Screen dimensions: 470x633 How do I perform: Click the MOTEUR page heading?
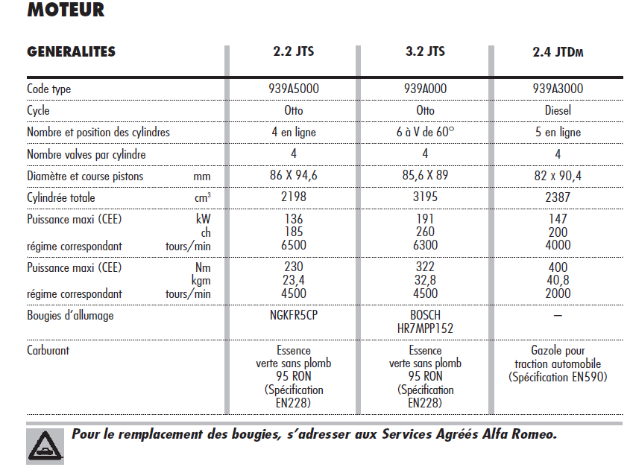pos(66,10)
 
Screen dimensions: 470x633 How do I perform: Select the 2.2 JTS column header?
pos(294,52)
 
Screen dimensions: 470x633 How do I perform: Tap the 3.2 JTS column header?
pos(426,52)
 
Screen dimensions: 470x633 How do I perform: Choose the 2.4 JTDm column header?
pos(558,53)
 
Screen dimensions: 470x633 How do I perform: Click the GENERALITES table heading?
pos(72,52)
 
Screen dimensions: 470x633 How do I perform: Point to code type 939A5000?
pos(294,89)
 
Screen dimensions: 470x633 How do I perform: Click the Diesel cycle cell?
pos(558,110)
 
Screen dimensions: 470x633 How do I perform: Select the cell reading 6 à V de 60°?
pos(426,132)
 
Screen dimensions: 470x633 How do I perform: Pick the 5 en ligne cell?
pos(558,132)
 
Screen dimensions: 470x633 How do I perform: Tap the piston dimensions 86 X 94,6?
pos(294,177)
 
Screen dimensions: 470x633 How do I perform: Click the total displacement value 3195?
pos(426,198)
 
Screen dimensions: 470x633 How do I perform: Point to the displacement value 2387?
pos(558,198)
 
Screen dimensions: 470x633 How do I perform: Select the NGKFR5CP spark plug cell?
pos(294,315)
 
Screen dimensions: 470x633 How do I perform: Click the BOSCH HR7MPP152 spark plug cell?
pos(426,321)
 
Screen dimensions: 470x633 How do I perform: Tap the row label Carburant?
pos(48,350)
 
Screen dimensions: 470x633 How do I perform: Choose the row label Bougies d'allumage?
pos(70,315)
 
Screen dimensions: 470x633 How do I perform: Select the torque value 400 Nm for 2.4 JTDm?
pos(558,268)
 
